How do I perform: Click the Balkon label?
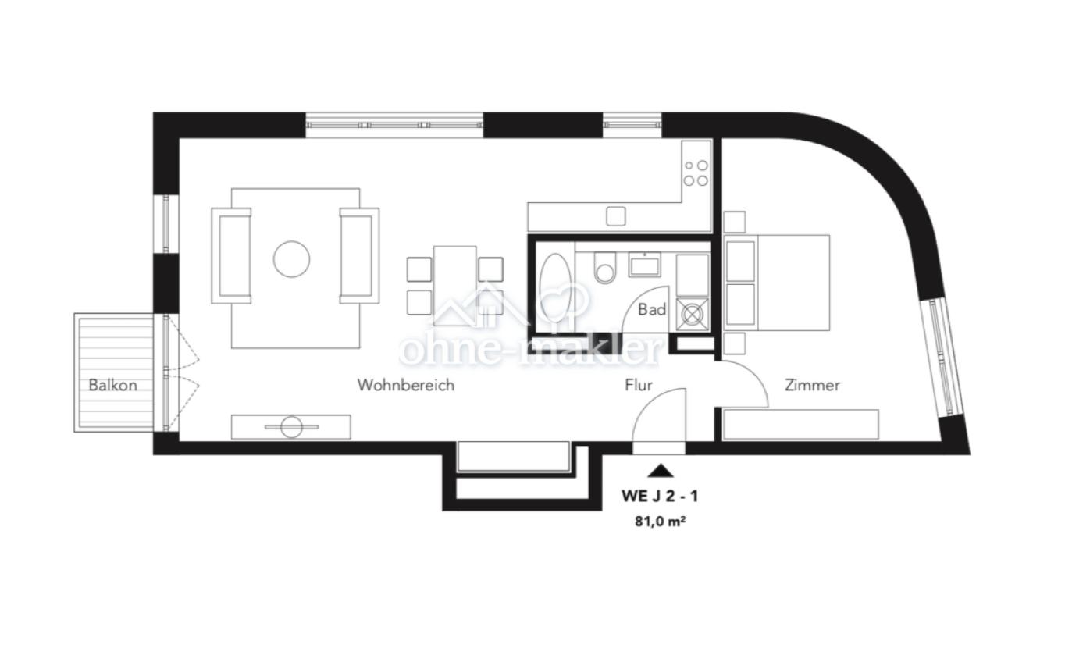click(112, 385)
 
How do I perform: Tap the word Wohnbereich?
click(405, 385)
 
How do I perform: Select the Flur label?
click(638, 385)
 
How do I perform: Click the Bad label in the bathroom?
click(652, 310)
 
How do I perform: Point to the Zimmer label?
click(812, 385)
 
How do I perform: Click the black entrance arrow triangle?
click(661, 470)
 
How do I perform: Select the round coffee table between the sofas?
click(291, 258)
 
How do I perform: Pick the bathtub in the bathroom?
click(555, 288)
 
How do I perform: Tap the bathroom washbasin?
click(645, 265)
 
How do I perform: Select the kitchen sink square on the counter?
click(616, 215)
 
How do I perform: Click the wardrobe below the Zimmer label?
click(800, 424)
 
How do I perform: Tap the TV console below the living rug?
click(290, 427)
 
